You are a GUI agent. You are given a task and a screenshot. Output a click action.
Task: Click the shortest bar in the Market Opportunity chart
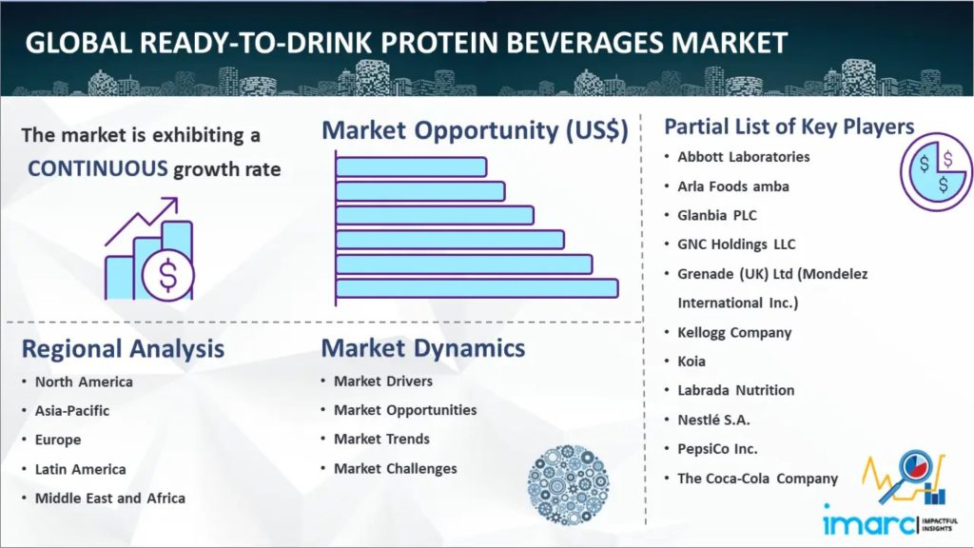pyautogui.click(x=411, y=167)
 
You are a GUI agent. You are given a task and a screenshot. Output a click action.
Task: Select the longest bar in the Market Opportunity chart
pyautogui.click(x=477, y=288)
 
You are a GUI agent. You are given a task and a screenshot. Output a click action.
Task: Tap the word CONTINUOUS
pyautogui.click(x=98, y=168)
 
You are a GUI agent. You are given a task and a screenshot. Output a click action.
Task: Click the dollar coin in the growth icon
pyautogui.click(x=167, y=275)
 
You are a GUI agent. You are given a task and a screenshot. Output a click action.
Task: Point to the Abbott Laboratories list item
pyautogui.click(x=744, y=157)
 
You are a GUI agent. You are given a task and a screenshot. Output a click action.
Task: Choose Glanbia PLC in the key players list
pyautogui.click(x=717, y=216)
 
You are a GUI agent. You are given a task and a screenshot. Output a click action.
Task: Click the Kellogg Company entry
pyautogui.click(x=734, y=332)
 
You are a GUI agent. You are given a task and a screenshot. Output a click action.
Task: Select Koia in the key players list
pyautogui.click(x=692, y=361)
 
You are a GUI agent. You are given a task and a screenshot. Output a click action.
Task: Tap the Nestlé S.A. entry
pyautogui.click(x=713, y=420)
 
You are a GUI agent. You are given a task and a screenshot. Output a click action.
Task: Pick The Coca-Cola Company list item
pyautogui.click(x=757, y=479)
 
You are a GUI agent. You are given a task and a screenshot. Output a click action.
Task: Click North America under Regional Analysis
pyautogui.click(x=84, y=382)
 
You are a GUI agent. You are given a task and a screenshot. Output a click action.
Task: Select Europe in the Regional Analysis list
pyautogui.click(x=58, y=440)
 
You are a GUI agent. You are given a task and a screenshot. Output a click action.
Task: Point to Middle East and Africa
pyautogui.click(x=110, y=499)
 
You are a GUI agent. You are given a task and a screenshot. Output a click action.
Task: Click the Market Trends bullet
pyautogui.click(x=381, y=440)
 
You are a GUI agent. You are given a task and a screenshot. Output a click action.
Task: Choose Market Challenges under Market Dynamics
pyautogui.click(x=395, y=468)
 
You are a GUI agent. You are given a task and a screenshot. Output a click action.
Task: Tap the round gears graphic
pyautogui.click(x=568, y=484)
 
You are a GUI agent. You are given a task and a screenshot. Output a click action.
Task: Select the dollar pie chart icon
pyautogui.click(x=936, y=172)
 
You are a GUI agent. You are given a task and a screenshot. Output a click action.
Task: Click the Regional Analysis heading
pyautogui.click(x=123, y=349)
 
